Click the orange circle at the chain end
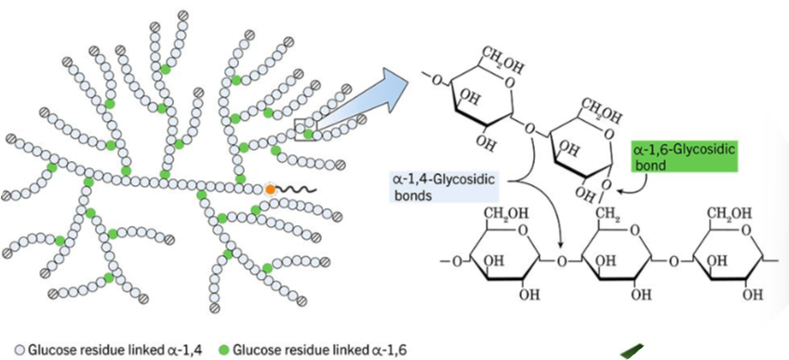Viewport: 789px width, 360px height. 269,189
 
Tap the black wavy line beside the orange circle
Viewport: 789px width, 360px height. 296,190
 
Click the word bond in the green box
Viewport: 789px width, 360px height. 649,164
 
